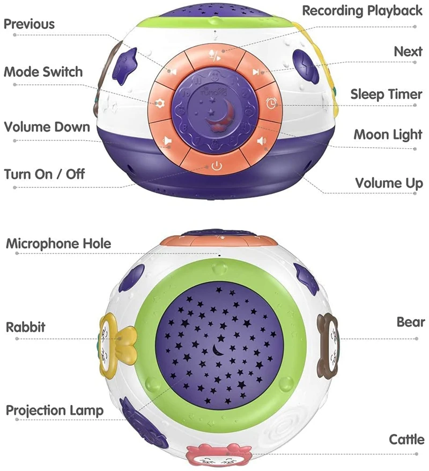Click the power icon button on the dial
click(x=216, y=166)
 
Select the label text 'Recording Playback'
click(x=363, y=11)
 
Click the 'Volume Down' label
click(x=47, y=127)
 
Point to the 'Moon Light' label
click(x=388, y=134)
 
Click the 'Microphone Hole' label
click(x=58, y=243)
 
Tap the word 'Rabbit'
click(x=26, y=327)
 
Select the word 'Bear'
click(x=410, y=322)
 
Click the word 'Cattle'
click(x=406, y=440)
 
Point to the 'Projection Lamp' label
click(x=55, y=411)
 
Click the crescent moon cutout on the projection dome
click(x=218, y=350)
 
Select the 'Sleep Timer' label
click(x=386, y=95)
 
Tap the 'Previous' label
click(x=29, y=24)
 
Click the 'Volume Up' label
click(x=389, y=183)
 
